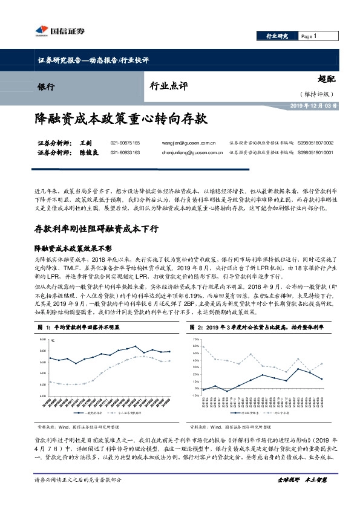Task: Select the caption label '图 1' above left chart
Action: [42, 326]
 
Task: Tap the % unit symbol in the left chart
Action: [53, 340]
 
